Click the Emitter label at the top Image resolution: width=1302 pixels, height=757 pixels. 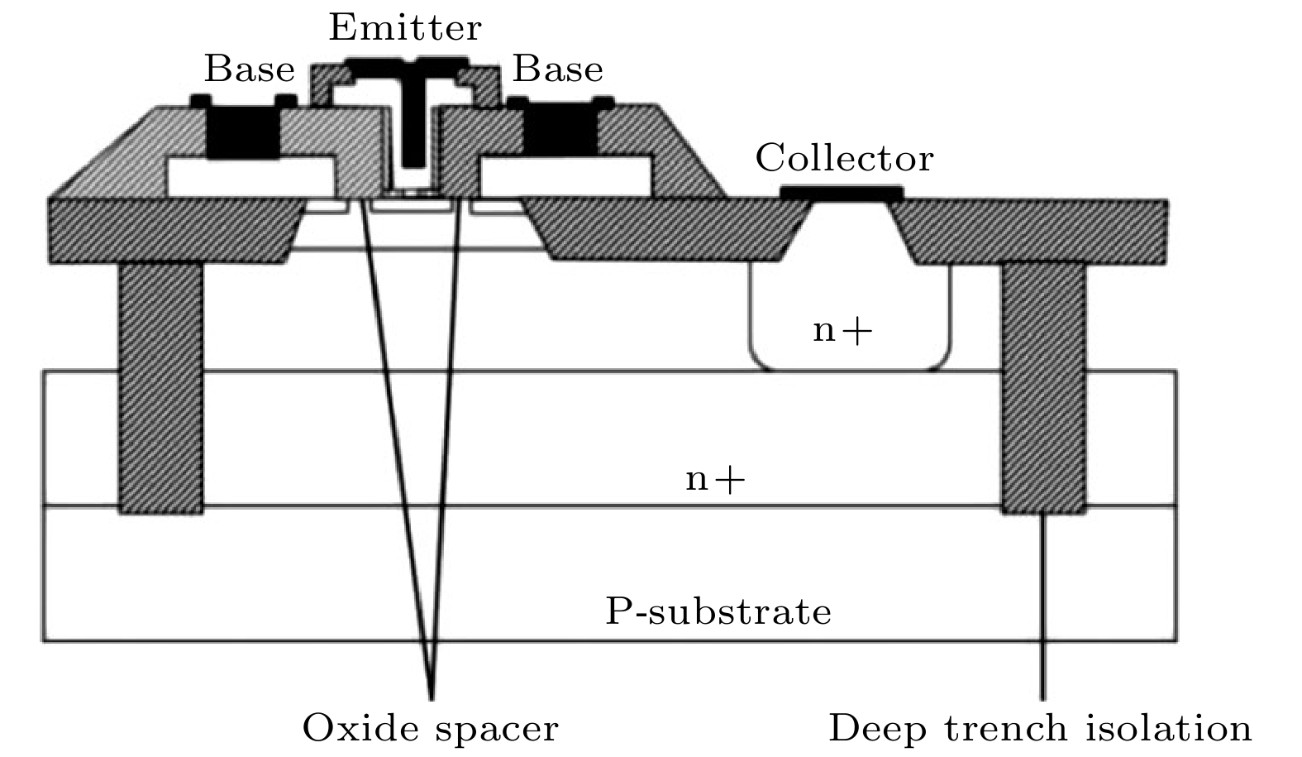click(405, 26)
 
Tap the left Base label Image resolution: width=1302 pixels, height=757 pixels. click(250, 69)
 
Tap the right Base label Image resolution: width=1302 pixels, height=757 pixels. click(557, 69)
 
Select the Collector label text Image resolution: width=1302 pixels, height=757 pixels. click(844, 157)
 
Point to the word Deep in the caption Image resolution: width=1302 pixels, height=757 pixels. click(877, 729)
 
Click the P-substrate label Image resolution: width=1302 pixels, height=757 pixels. click(718, 611)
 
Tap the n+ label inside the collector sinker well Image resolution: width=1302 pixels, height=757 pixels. click(842, 331)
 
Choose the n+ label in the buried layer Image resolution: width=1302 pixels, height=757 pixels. click(715, 480)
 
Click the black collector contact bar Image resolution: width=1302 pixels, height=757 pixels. click(842, 193)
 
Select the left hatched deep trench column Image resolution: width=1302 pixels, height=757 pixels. click(161, 389)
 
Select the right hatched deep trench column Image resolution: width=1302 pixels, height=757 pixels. click(1043, 389)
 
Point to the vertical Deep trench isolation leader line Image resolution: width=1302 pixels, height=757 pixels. click(1042, 607)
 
